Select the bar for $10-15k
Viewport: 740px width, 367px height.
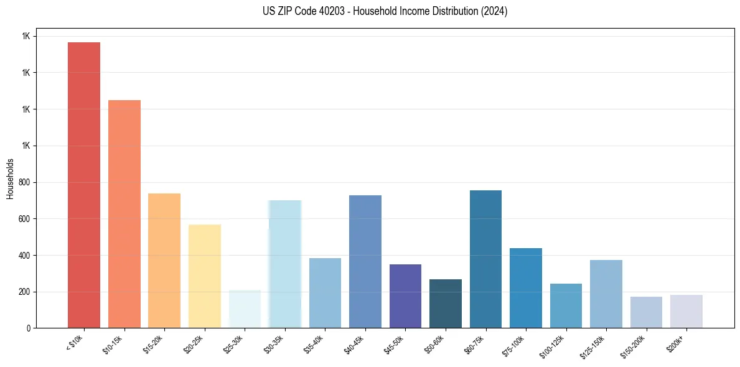[124, 214]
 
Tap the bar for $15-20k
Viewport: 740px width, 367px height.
[164, 261]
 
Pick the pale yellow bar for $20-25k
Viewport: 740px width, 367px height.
[204, 276]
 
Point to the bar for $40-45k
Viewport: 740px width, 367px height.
[365, 261]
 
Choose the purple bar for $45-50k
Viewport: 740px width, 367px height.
[405, 296]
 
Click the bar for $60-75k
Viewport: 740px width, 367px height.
[485, 259]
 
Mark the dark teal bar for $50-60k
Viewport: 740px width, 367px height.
[446, 304]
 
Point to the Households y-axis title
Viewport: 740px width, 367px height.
[11, 179]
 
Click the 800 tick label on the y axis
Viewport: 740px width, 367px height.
[25, 182]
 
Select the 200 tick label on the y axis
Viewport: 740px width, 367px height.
[25, 292]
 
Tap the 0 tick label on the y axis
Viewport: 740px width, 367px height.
[29, 328]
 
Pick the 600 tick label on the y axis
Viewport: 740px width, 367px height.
[25, 219]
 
